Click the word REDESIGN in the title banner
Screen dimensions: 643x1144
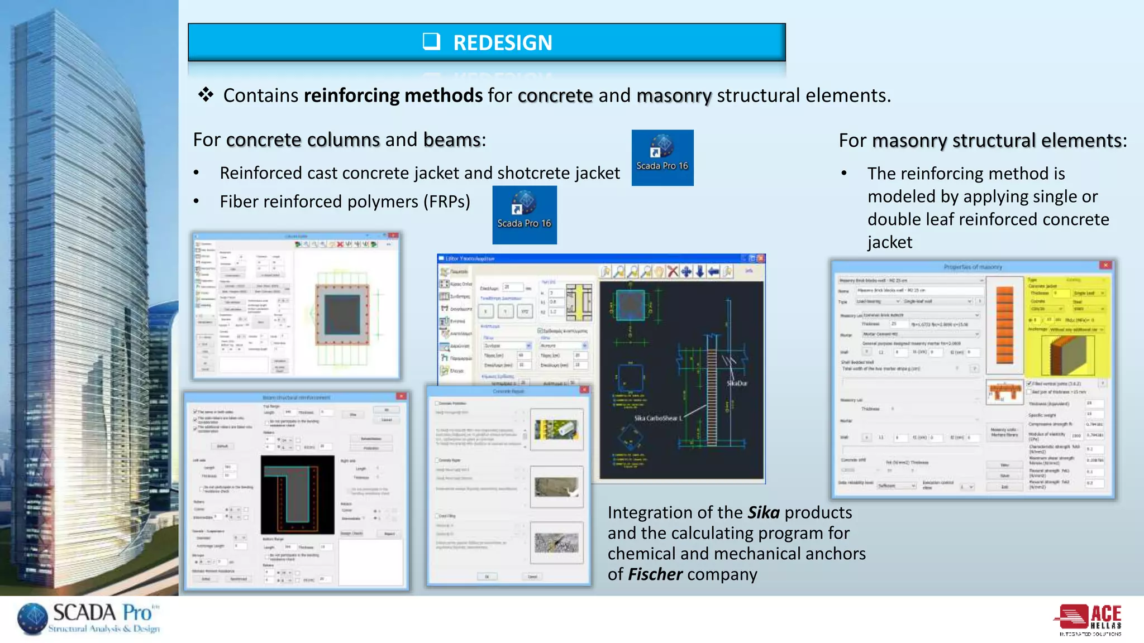point(502,43)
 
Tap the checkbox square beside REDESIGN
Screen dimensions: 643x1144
point(431,41)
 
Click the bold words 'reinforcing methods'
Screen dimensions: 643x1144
point(393,95)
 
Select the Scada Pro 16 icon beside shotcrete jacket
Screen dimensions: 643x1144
point(662,157)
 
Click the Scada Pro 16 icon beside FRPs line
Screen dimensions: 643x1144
point(524,215)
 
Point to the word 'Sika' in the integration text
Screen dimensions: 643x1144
point(763,512)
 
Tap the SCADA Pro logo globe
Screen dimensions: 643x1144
point(33,618)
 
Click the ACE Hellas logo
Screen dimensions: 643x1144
point(1089,620)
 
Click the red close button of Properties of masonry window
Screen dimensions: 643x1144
point(1105,266)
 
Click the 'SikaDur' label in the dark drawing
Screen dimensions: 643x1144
point(737,383)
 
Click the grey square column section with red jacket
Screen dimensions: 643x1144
point(342,314)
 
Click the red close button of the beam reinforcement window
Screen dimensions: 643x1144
point(401,396)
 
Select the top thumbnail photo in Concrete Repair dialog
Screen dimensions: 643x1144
point(556,430)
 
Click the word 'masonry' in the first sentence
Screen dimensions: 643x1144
point(674,95)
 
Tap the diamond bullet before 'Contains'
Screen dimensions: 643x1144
point(206,94)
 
